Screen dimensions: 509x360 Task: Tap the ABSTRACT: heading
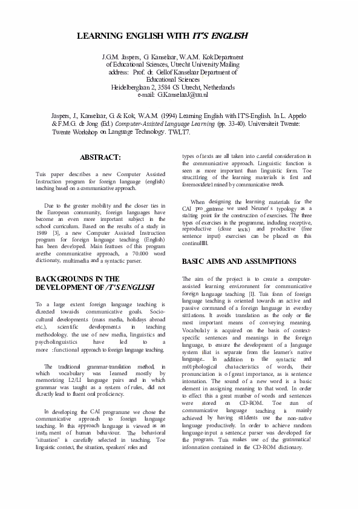click(100, 157)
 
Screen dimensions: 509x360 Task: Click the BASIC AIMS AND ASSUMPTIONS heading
click(238, 262)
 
